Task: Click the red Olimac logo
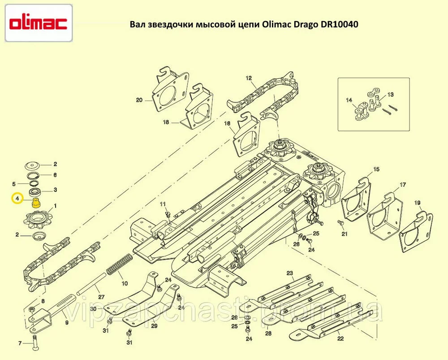click(x=38, y=23)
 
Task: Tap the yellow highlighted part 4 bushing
click(x=36, y=203)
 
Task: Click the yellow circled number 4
click(x=17, y=198)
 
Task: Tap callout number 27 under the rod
click(x=101, y=297)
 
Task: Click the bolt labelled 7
click(x=35, y=343)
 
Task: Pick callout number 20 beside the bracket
click(x=139, y=100)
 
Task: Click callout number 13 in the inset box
click(x=391, y=94)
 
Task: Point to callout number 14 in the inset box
click(x=349, y=100)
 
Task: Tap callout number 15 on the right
click(x=376, y=169)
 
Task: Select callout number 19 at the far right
click(x=417, y=203)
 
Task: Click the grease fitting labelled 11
click(x=168, y=213)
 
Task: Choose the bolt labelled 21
click(x=340, y=223)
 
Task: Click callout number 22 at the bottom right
click(x=340, y=339)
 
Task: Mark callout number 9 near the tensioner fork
click(x=67, y=322)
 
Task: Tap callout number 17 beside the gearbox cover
click(x=403, y=185)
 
